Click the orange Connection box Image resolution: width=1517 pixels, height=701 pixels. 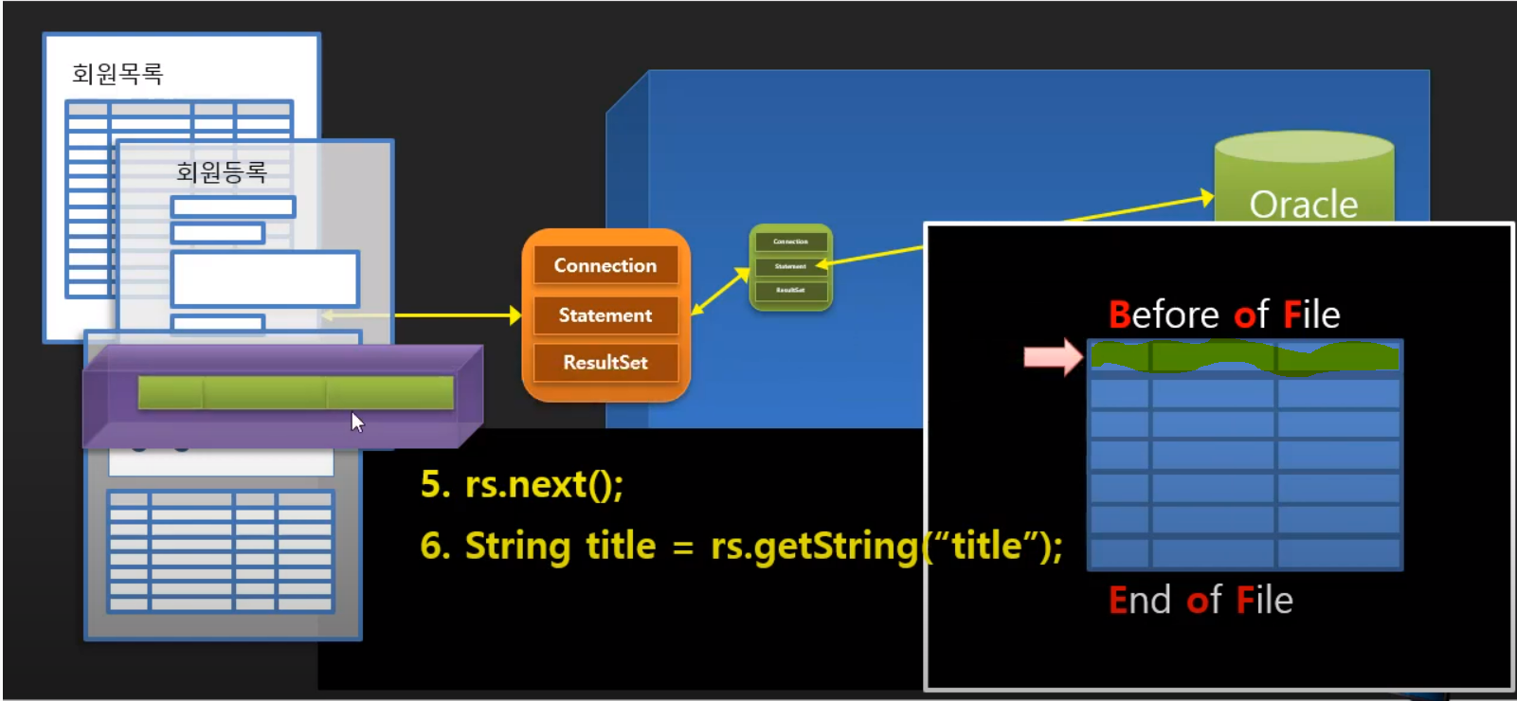click(605, 265)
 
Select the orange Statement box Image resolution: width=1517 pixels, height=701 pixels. click(605, 315)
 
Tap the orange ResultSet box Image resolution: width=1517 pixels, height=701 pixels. click(605, 362)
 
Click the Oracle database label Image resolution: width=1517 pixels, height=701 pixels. click(1303, 204)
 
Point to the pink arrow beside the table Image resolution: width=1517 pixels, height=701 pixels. click(1052, 357)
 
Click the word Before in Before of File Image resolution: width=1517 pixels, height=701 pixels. click(1164, 315)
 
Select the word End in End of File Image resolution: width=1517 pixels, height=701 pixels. click(1140, 601)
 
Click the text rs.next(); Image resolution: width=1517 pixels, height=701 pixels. click(544, 485)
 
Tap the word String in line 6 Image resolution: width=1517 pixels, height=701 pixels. click(517, 547)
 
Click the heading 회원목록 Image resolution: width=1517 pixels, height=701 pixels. click(117, 74)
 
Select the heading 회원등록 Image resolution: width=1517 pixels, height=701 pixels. click(222, 171)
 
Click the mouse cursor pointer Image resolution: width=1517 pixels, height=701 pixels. click(356, 421)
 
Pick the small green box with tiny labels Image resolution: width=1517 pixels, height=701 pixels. click(790, 267)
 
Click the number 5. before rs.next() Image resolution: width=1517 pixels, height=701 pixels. click(435, 485)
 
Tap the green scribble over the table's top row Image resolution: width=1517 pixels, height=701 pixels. click(1244, 357)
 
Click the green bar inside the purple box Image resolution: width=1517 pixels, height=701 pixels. click(296, 392)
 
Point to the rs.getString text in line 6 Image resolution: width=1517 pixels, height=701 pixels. click(814, 547)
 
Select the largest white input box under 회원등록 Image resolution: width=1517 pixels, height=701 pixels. click(264, 279)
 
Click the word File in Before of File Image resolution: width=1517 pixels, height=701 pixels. click(1311, 315)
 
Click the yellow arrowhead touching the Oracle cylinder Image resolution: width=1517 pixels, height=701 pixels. click(1207, 197)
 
